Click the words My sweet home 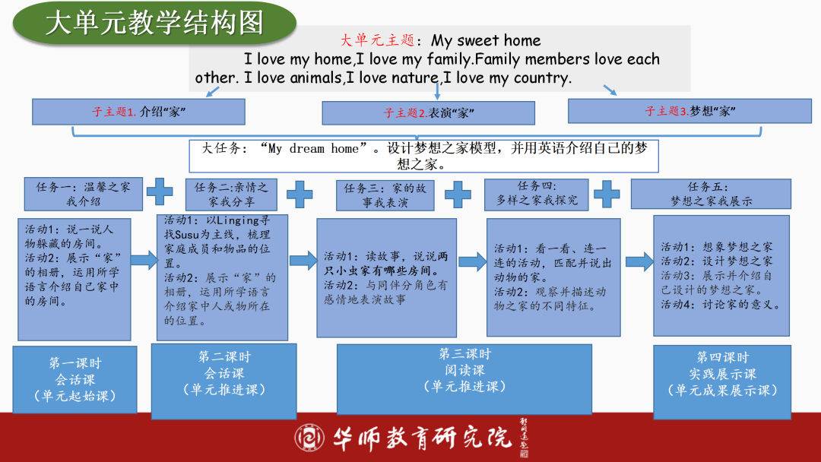pos(487,40)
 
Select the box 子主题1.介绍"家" pos(138,112)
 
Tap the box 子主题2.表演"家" pos(430,113)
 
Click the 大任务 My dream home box pos(423,156)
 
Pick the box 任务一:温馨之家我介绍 pos(83,194)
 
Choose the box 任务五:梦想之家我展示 pos(711,194)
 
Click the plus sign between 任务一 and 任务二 pos(160,191)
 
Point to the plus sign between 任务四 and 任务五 pos(606,193)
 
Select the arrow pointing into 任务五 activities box pos(639,261)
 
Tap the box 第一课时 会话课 pos(74,380)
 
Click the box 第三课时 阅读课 pos(464,378)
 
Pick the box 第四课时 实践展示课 pos(722,380)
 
